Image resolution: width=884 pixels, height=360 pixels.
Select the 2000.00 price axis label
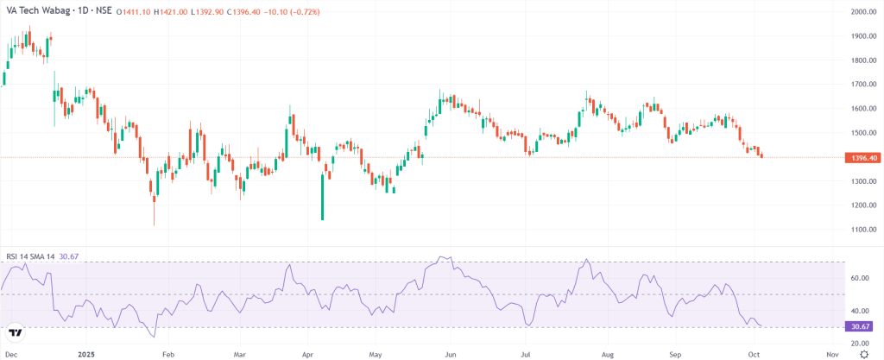pyautogui.click(x=863, y=12)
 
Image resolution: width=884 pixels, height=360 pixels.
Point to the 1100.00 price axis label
pyautogui.click(x=863, y=230)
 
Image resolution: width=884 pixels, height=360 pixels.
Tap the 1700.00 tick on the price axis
pyautogui.click(x=863, y=85)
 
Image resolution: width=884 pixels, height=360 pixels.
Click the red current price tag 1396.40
pyautogui.click(x=864, y=157)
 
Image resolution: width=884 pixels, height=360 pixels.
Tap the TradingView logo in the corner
pyautogui.click(x=15, y=332)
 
